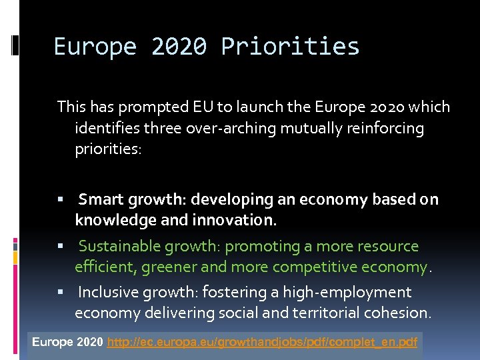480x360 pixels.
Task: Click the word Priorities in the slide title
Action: (x=290, y=47)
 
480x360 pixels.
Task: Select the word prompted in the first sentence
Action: (x=154, y=107)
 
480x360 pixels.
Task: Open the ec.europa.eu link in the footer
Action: (x=263, y=343)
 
